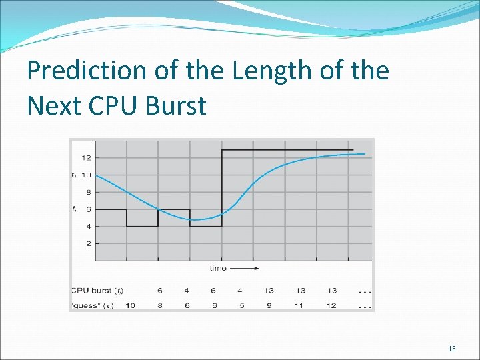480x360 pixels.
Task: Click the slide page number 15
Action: tap(452, 349)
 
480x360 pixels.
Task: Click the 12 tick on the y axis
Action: tap(87, 158)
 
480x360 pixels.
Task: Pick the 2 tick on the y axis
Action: tap(89, 243)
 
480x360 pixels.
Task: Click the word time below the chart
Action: tap(217, 269)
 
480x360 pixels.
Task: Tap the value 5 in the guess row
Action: tap(241, 305)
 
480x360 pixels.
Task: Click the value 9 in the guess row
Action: tap(269, 305)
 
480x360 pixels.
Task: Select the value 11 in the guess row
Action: tap(300, 305)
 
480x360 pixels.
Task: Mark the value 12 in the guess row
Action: tap(331, 305)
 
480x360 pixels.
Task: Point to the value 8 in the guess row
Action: tap(159, 305)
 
